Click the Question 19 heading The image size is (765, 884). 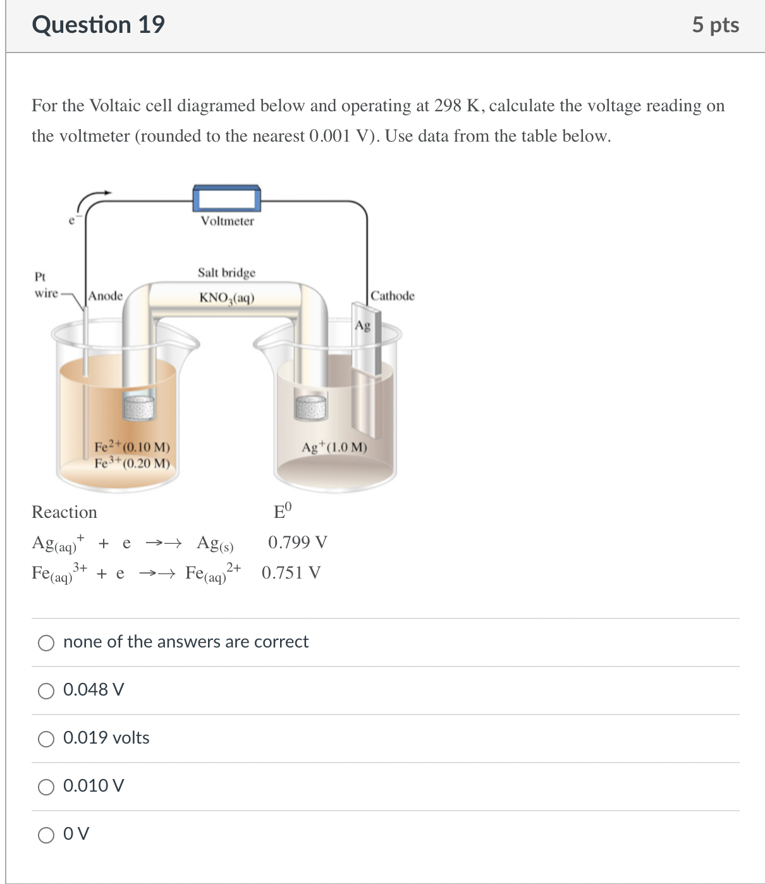pyautogui.click(x=98, y=25)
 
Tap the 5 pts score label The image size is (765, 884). pyautogui.click(x=715, y=25)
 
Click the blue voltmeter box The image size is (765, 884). pyautogui.click(x=226, y=199)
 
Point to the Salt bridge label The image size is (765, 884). pyautogui.click(x=226, y=273)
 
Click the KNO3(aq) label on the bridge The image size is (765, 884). pyautogui.click(x=226, y=297)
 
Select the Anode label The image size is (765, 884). pyautogui.click(x=106, y=296)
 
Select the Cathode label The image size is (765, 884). pyautogui.click(x=393, y=296)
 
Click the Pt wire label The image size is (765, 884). pyautogui.click(x=44, y=285)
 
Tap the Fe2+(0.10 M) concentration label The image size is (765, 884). pyautogui.click(x=132, y=447)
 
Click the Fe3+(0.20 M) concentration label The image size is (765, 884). pyautogui.click(x=132, y=463)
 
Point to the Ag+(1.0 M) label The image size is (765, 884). pyautogui.click(x=334, y=447)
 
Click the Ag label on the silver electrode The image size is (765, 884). pyautogui.click(x=362, y=325)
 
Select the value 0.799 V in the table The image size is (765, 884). pyautogui.click(x=297, y=543)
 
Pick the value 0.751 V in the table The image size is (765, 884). pyautogui.click(x=291, y=573)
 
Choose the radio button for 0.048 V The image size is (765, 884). pyautogui.click(x=46, y=691)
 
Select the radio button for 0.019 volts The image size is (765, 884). pyautogui.click(x=46, y=739)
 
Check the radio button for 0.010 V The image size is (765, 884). pyautogui.click(x=46, y=787)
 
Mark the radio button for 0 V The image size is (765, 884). pyautogui.click(x=46, y=835)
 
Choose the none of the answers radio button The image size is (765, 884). pyautogui.click(x=46, y=643)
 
